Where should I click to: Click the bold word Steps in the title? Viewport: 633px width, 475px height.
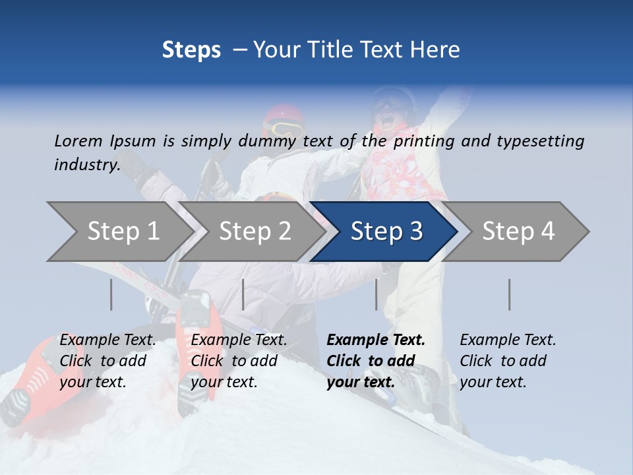coord(191,50)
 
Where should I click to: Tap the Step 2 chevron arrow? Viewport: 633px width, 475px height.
coord(255,231)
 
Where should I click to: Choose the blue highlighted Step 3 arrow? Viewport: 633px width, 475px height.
coord(386,231)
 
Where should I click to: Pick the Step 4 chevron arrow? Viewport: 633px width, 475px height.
coord(518,231)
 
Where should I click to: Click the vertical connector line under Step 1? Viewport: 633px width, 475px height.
coord(111,294)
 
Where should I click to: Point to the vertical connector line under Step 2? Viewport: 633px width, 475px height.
coord(243,294)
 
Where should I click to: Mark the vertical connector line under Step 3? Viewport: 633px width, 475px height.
coord(376,294)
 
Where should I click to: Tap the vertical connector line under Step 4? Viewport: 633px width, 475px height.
coord(509,294)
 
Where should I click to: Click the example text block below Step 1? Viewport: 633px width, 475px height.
coord(107,361)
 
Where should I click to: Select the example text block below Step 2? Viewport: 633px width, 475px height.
coord(239,361)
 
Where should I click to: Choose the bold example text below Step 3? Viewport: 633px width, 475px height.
coord(376,361)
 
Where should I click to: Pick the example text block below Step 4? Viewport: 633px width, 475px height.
coord(508,361)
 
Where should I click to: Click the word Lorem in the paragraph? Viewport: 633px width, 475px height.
coord(78,141)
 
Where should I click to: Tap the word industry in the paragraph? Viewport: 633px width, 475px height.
coord(86,164)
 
